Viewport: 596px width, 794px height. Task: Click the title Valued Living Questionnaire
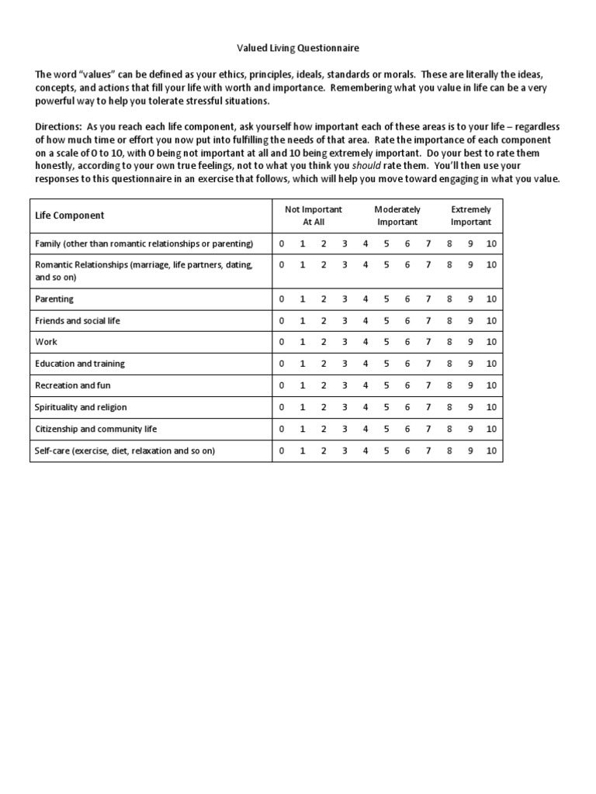point(297,48)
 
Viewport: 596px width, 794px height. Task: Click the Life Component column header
point(70,216)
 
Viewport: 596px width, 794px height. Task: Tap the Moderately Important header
point(397,216)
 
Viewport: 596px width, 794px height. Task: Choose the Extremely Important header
point(471,216)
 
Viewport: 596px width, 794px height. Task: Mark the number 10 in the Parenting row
point(491,299)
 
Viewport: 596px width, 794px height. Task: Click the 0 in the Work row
point(282,342)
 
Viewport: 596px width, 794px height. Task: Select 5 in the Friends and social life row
point(386,320)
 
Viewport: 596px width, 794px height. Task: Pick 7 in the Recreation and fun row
point(428,385)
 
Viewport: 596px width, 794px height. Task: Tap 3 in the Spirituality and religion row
point(345,407)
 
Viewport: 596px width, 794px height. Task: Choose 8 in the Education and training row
point(449,364)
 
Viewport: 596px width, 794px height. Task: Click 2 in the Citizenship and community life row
point(324,429)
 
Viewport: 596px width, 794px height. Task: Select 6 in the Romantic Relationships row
point(407,264)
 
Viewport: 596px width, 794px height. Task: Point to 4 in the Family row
point(365,243)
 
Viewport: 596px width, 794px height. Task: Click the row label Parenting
point(54,299)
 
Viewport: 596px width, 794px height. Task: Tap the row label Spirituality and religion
point(81,407)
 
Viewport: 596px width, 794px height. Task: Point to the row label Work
point(46,342)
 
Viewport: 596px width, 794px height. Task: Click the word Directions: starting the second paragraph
point(59,126)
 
